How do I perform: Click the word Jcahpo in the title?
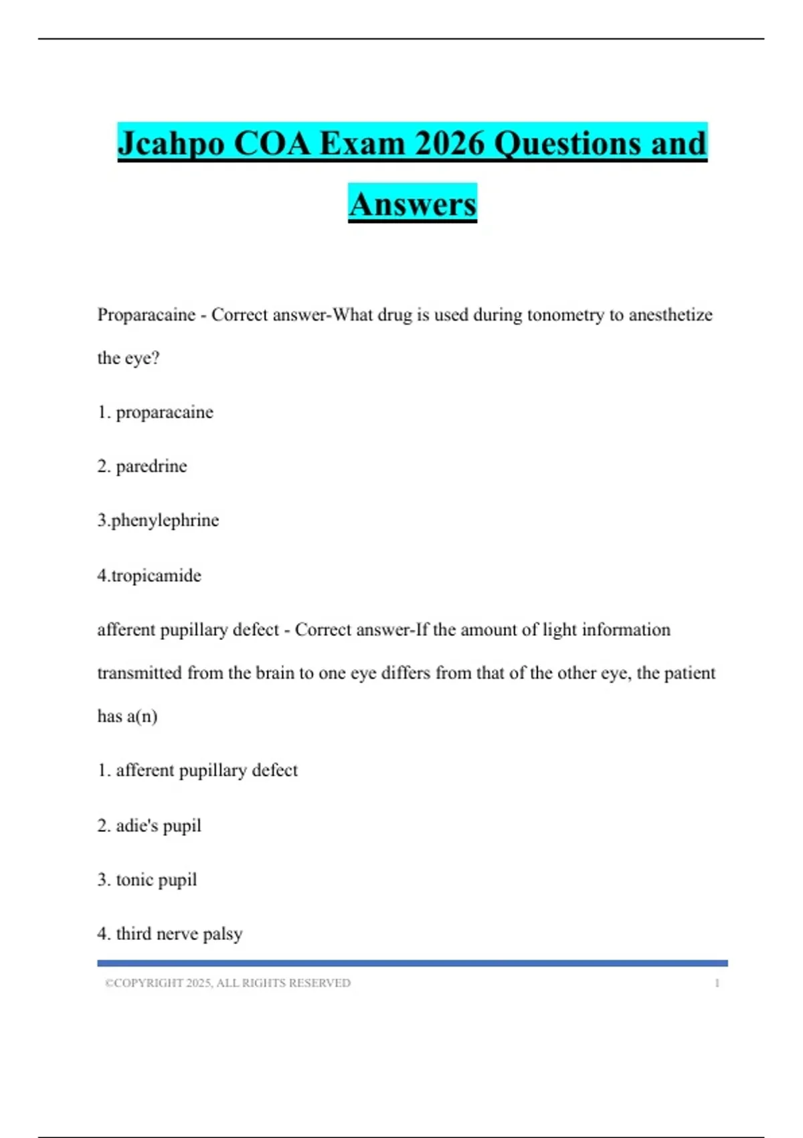(x=171, y=144)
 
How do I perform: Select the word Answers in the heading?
(x=412, y=204)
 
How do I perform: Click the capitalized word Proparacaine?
(x=147, y=315)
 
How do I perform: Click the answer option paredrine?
(x=151, y=466)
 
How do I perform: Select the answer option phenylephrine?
(x=165, y=520)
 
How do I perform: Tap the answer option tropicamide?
(x=156, y=576)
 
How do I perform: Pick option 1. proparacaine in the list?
(x=155, y=412)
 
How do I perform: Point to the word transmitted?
(x=139, y=673)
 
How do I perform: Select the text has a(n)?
(x=127, y=716)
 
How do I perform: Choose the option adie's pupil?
(x=158, y=825)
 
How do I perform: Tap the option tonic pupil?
(x=156, y=880)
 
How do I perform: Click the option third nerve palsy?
(x=179, y=934)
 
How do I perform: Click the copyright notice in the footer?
(x=228, y=983)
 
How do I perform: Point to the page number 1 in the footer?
(x=717, y=983)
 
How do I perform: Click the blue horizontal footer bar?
(x=412, y=963)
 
